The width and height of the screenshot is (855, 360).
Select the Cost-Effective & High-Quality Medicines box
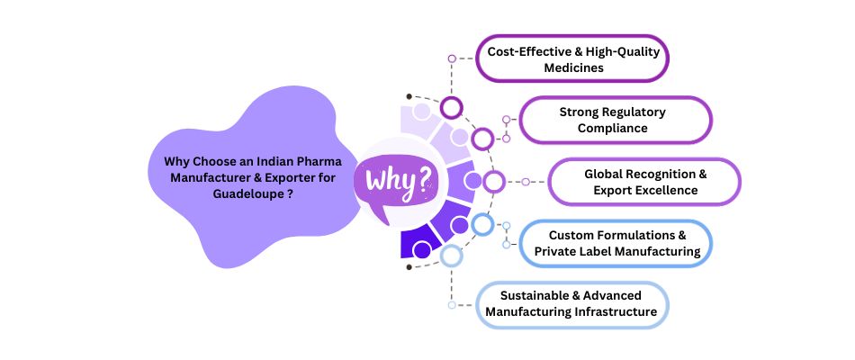(x=572, y=58)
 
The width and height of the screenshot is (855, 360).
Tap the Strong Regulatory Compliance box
(x=615, y=120)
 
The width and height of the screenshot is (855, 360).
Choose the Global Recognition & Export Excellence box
(x=644, y=182)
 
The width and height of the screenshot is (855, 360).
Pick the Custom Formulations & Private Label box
(x=615, y=243)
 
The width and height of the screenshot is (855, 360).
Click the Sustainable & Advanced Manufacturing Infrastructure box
(x=572, y=305)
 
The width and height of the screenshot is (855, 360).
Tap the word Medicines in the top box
(x=573, y=67)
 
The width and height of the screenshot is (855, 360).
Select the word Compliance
(x=613, y=128)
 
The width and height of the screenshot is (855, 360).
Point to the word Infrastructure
(x=616, y=312)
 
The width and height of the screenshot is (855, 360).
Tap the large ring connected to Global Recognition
(x=494, y=182)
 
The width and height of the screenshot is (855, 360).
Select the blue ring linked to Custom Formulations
(x=482, y=224)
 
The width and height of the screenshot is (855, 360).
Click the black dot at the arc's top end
(x=409, y=96)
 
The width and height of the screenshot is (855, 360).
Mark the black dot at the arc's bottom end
(x=409, y=267)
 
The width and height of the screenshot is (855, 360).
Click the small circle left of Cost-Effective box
(x=452, y=58)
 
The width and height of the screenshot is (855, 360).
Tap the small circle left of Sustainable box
(x=452, y=305)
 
